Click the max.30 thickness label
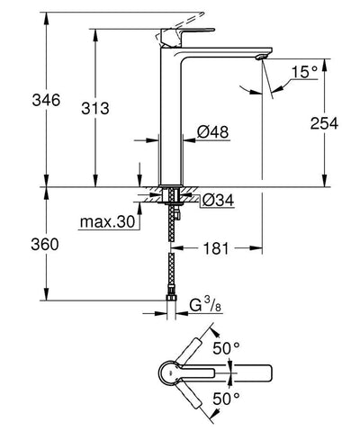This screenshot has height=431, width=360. click(103, 221)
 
